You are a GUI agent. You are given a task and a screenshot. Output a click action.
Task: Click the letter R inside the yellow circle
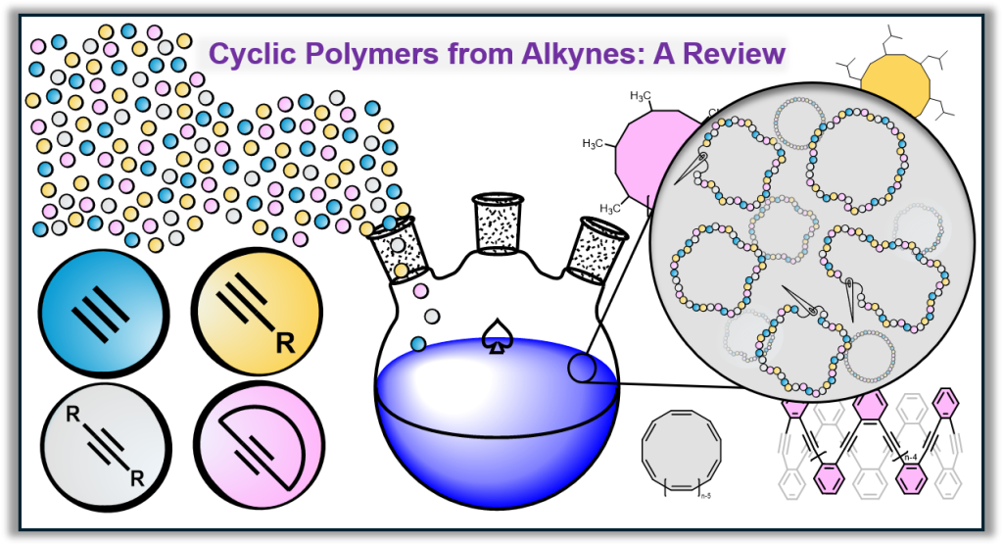tap(285, 344)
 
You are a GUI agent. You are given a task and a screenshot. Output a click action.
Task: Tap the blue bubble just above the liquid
tap(418, 343)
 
